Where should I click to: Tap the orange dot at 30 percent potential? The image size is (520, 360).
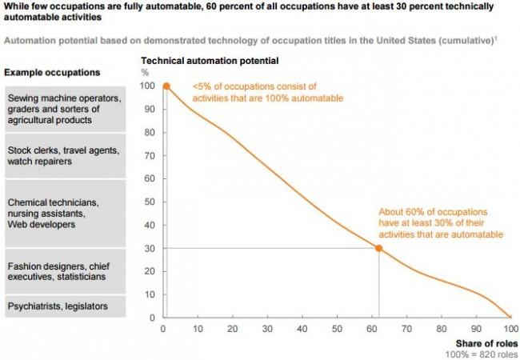(378, 248)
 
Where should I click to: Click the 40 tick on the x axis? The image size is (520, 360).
(302, 328)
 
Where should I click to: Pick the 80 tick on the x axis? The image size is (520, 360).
(441, 328)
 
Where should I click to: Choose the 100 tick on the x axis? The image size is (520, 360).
(510, 328)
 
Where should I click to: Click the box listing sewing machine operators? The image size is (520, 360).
(66, 109)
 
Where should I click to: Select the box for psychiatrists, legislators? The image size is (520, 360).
(66, 306)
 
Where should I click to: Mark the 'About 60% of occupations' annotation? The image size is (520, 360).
(441, 223)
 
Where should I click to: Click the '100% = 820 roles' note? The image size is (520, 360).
(477, 353)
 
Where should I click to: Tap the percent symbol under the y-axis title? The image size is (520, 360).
(145, 72)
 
